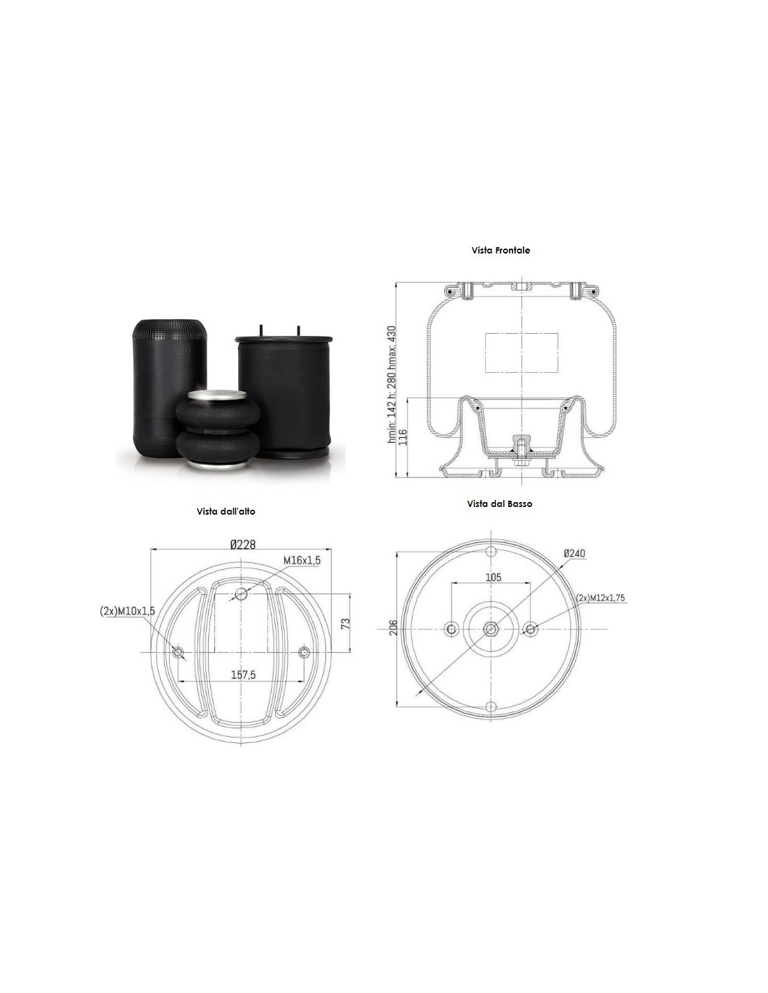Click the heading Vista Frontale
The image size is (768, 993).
click(x=501, y=251)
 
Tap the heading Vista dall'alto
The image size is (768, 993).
click(x=226, y=511)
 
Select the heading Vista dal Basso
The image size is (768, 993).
click(x=499, y=503)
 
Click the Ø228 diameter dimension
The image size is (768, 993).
click(x=243, y=544)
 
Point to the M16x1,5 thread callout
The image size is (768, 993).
click(x=302, y=560)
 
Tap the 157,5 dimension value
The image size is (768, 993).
click(x=243, y=675)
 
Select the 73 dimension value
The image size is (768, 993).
click(x=346, y=624)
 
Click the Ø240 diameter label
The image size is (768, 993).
click(x=575, y=553)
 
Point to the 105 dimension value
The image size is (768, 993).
click(x=493, y=578)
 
